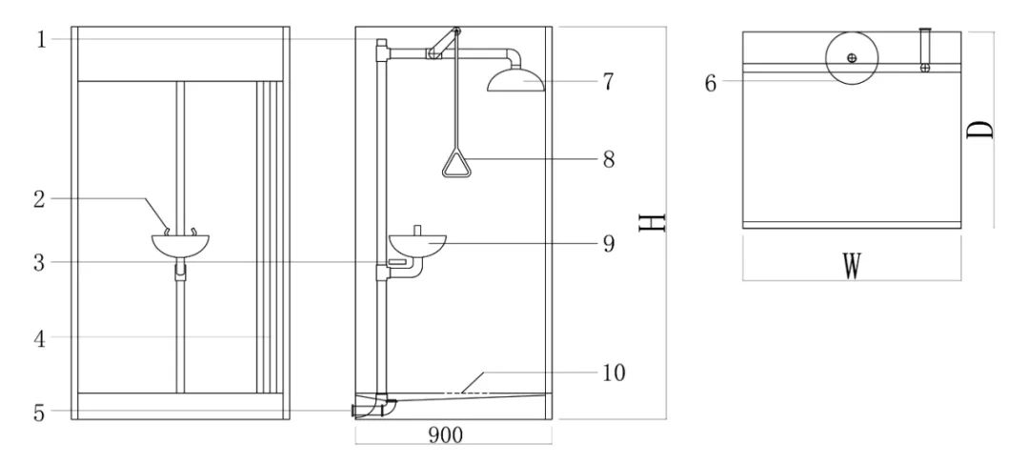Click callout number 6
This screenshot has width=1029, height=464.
(711, 82)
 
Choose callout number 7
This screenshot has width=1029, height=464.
(607, 82)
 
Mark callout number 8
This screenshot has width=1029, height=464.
(607, 159)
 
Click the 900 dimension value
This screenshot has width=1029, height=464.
(446, 434)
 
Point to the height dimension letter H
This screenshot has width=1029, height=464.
(652, 222)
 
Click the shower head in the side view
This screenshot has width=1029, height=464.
(516, 80)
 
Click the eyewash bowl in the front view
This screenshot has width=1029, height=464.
(180, 245)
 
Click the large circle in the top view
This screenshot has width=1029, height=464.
(851, 58)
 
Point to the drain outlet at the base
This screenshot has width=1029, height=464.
(366, 410)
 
